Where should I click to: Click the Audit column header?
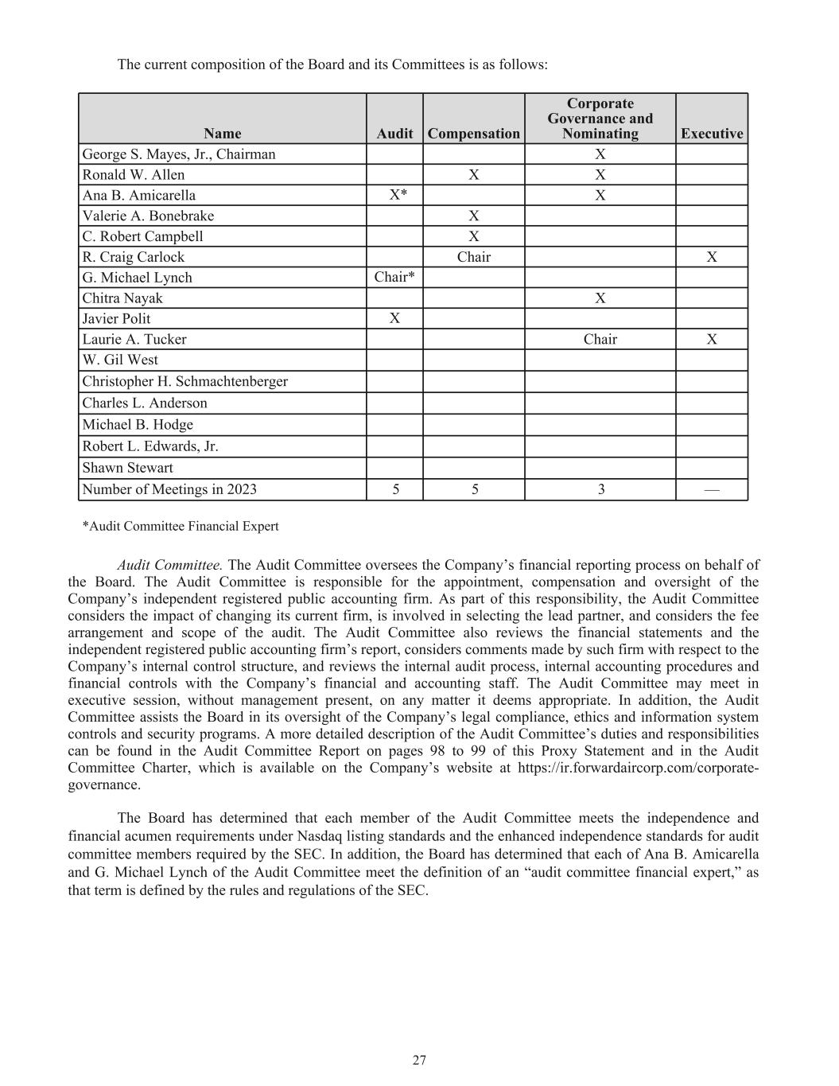(x=394, y=134)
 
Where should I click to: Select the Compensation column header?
(x=473, y=134)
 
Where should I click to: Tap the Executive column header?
(x=712, y=134)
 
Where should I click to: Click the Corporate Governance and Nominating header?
(x=600, y=119)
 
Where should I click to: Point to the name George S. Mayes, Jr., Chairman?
(x=179, y=154)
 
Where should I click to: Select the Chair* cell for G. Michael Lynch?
(x=394, y=277)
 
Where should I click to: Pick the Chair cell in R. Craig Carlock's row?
(x=474, y=257)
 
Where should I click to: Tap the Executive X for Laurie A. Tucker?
(x=712, y=339)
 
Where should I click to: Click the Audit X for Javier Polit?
(x=394, y=318)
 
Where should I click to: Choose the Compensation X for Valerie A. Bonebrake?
(x=474, y=216)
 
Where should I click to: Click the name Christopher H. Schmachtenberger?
(x=185, y=381)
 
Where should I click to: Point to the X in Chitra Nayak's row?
(x=600, y=298)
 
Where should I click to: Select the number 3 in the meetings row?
(x=601, y=489)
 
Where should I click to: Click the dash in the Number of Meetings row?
(x=712, y=489)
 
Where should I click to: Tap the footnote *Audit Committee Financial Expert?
(x=181, y=526)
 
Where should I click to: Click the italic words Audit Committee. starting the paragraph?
(x=170, y=565)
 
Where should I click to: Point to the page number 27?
(x=419, y=1060)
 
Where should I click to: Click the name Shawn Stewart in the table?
(x=127, y=468)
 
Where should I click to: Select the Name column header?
(x=222, y=134)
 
